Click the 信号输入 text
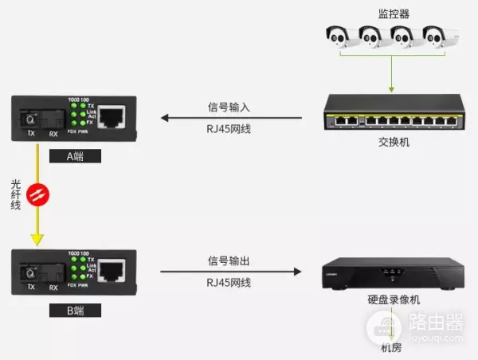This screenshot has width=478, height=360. click(x=231, y=105)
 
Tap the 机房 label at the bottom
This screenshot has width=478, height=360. click(x=391, y=349)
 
